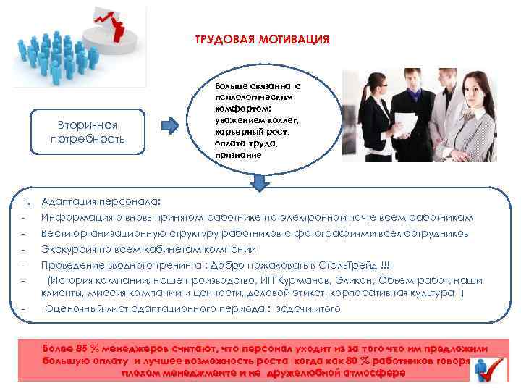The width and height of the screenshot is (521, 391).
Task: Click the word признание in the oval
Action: tap(234, 154)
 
